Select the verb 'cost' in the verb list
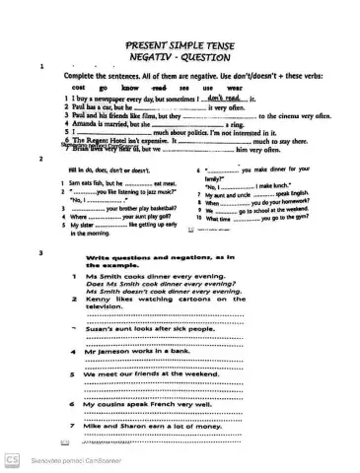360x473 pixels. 80,87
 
